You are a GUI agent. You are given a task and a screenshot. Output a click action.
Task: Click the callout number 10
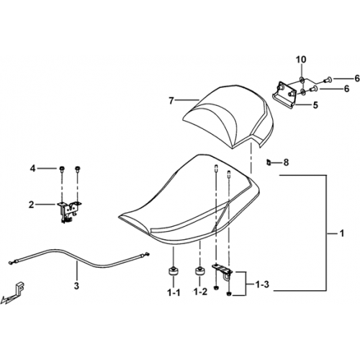point(301,59)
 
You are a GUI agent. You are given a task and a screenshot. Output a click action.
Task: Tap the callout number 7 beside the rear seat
point(171,101)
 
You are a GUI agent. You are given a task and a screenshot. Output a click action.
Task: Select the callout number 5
point(315,105)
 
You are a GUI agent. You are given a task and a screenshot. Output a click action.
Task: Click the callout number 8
point(286,163)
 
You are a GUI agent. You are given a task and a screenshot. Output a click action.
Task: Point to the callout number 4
point(32,168)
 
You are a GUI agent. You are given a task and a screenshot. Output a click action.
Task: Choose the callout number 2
point(32,205)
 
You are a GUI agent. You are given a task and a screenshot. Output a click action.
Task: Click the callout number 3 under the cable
point(76,286)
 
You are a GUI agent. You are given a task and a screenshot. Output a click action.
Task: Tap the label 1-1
point(174,292)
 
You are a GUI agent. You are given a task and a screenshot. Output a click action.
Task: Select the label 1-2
point(200,292)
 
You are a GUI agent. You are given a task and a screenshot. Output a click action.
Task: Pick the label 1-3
point(262,284)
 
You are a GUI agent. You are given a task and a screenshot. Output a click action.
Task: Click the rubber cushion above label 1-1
point(173,272)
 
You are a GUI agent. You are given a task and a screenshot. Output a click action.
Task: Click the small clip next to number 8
point(269,163)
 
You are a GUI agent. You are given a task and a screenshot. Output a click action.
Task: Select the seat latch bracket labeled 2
point(69,212)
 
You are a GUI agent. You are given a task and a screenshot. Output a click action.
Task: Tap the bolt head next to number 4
point(62,168)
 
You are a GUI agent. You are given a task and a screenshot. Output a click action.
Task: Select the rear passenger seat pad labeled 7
point(228,115)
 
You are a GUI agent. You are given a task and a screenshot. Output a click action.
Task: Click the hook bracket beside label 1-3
point(222,271)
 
